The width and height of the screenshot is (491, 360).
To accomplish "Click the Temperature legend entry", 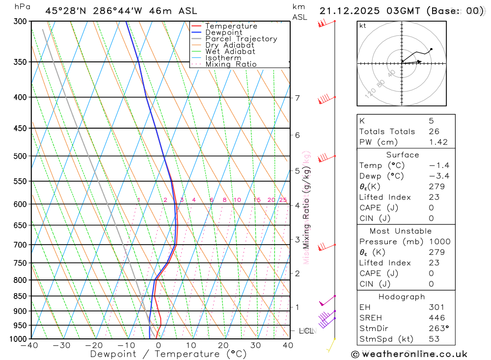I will tap(231, 26).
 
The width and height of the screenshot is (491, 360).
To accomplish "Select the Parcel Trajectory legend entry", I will tap(241, 39).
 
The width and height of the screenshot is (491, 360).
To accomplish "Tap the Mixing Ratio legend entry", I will tap(231, 64).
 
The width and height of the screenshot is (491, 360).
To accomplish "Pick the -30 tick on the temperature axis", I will tap(61, 345).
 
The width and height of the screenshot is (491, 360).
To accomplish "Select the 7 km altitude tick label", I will tap(297, 98).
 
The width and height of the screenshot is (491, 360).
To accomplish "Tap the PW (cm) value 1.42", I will tap(438, 142).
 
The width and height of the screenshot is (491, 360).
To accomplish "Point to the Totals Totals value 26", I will tap(434, 131).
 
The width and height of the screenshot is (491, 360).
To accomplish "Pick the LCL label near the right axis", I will tap(306, 331).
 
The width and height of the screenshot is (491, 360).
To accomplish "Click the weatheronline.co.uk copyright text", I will tap(409, 354).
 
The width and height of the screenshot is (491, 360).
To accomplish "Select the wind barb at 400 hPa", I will tap(326, 99).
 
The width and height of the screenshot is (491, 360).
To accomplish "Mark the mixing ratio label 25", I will tap(283, 200).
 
